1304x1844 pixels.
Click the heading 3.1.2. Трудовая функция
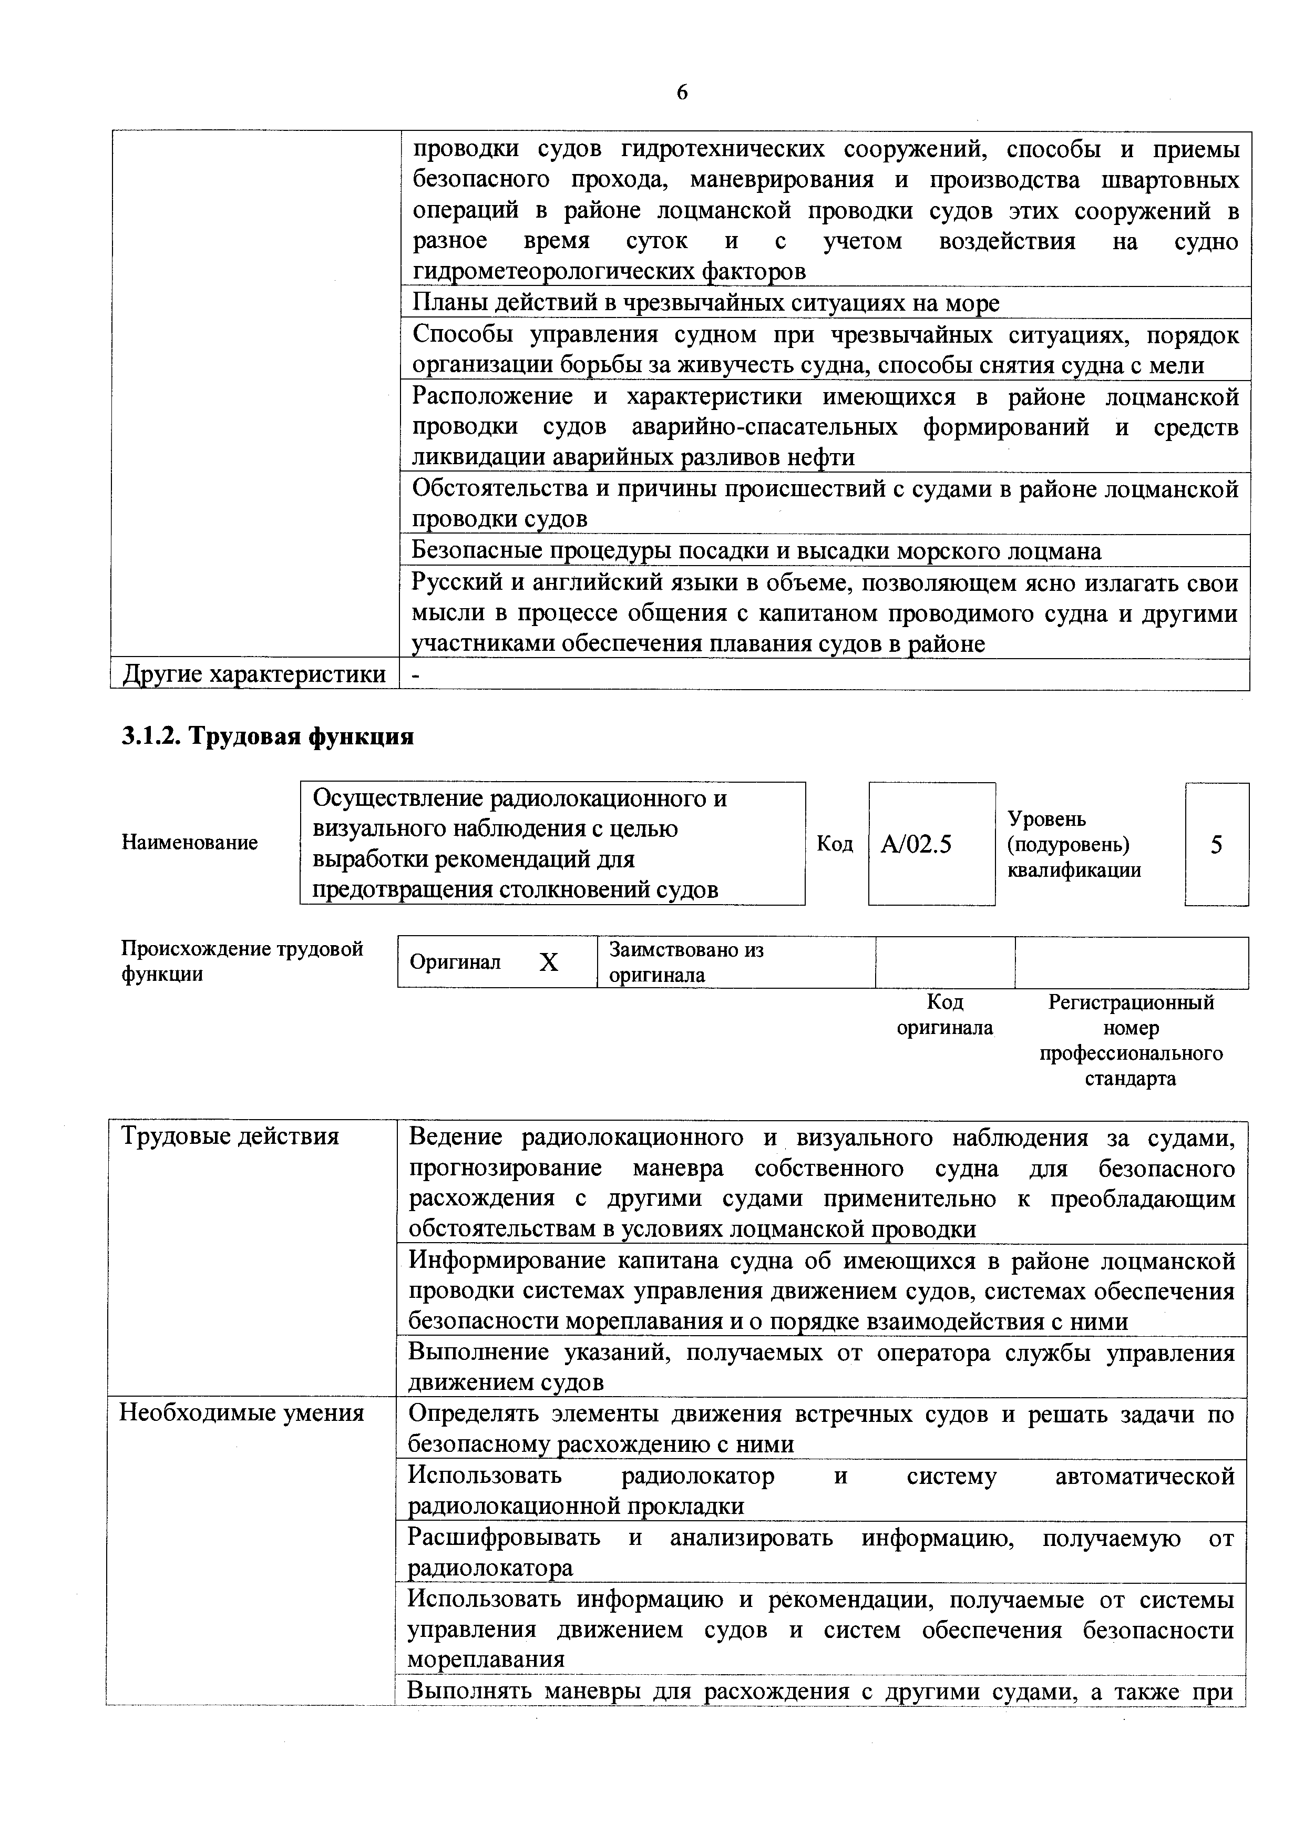click(x=268, y=736)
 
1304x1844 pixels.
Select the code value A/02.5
click(x=916, y=844)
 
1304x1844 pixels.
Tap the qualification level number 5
click(x=1216, y=844)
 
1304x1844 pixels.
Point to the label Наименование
click(x=190, y=843)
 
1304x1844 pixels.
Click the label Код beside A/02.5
click(x=834, y=844)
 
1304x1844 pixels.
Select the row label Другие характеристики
click(x=254, y=674)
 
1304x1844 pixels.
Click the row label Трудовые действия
click(x=230, y=1136)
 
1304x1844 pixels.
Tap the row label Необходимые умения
click(x=242, y=1413)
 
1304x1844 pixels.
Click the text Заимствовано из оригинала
click(x=686, y=962)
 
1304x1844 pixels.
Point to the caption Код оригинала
click(x=944, y=1015)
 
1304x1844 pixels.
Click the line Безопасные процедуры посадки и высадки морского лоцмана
click(x=756, y=551)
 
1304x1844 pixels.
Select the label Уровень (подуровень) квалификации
click(x=1074, y=844)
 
